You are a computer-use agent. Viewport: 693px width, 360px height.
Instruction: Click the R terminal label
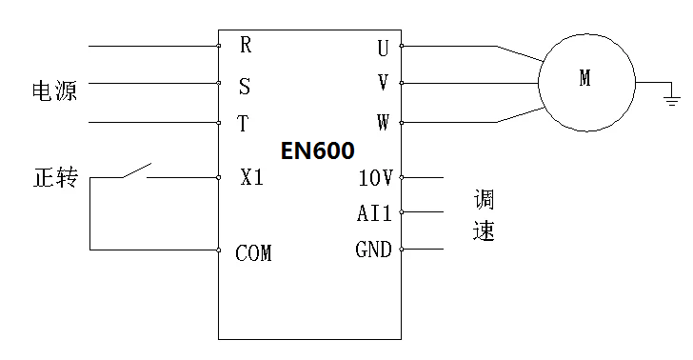(x=246, y=45)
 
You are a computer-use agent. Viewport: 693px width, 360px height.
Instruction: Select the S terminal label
(x=245, y=87)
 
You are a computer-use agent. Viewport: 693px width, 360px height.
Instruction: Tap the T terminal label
(x=244, y=125)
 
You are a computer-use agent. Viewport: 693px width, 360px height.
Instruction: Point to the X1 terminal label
(x=252, y=178)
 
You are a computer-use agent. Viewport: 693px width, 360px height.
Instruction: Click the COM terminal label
(x=253, y=253)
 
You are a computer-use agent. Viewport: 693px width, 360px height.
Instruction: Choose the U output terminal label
(x=383, y=47)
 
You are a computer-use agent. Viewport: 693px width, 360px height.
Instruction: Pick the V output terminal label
(x=383, y=84)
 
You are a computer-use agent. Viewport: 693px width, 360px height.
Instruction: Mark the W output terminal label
(x=383, y=124)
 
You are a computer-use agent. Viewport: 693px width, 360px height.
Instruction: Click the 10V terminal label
(x=375, y=178)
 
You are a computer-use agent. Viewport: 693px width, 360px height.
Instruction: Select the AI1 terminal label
(x=374, y=213)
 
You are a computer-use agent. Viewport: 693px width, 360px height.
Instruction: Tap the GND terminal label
(x=373, y=250)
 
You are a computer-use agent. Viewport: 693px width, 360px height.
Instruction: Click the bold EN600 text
(x=317, y=150)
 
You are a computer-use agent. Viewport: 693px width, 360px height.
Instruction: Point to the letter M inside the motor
(x=585, y=80)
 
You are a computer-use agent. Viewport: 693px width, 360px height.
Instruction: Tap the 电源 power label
(x=54, y=91)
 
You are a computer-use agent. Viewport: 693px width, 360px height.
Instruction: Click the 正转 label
(x=54, y=178)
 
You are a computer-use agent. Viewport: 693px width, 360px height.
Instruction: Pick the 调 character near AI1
(x=485, y=201)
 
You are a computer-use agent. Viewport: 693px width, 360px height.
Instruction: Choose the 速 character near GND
(x=485, y=231)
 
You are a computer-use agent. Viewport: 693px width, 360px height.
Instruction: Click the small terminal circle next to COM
(x=218, y=250)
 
